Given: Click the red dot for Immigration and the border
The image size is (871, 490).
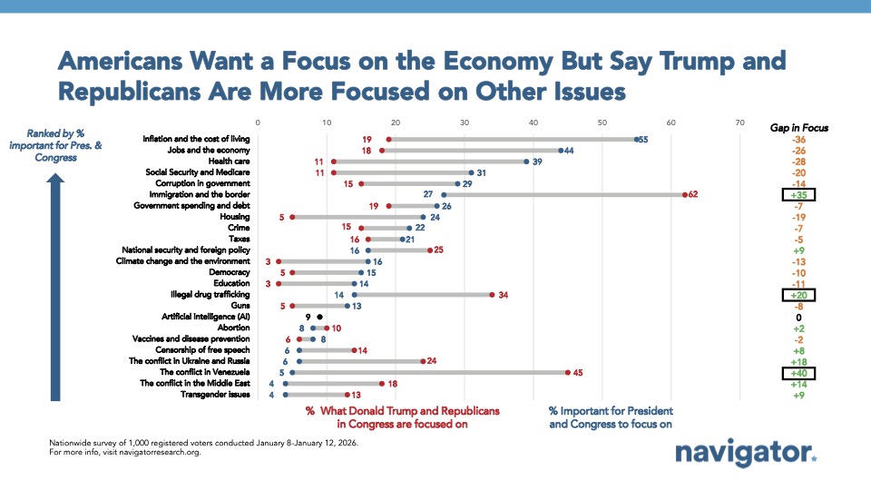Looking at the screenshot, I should tap(685, 194).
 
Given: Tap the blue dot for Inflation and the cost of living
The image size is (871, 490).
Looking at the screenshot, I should tap(636, 139).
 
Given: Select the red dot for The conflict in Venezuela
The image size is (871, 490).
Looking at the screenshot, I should tap(568, 372).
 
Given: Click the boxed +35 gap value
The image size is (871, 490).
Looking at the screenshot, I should tap(798, 194).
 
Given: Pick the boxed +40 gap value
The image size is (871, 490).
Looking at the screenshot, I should tap(798, 372).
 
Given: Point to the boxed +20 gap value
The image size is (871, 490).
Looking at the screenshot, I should tap(798, 295).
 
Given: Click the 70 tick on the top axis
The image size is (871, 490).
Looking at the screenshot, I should tap(740, 122).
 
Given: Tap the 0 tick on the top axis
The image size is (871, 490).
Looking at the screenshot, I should tap(258, 122).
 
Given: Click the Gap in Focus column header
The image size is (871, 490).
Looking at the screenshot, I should tap(798, 128).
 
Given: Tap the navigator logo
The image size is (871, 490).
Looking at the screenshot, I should tap(745, 455).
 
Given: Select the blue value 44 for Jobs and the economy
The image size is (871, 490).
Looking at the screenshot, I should tap(573, 150).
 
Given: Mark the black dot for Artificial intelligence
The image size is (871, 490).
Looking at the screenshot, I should tap(319, 318).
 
